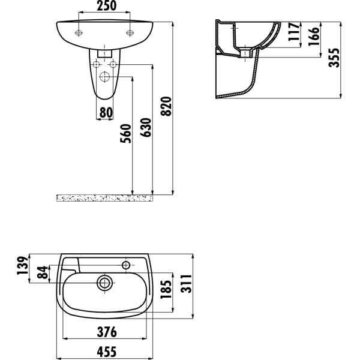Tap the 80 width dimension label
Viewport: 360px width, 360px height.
105,112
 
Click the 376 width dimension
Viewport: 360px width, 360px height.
106,332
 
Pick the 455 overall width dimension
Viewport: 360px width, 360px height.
106,352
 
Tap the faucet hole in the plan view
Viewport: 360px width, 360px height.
127,264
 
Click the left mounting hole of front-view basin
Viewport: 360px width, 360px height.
78,32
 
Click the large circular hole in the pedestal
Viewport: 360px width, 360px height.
105,77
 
